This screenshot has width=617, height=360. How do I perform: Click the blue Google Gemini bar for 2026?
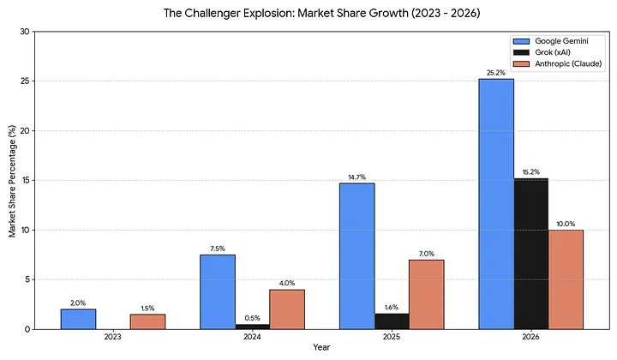[x=496, y=204]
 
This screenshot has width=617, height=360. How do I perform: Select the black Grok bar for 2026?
[x=531, y=254]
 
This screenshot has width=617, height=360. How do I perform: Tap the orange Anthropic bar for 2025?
[x=426, y=294]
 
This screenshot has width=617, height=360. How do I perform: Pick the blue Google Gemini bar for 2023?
[x=78, y=319]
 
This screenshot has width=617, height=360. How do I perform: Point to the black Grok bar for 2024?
[x=252, y=327]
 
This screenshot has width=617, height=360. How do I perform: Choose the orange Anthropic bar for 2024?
[x=287, y=309]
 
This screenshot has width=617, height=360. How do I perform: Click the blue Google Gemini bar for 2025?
[x=356, y=255]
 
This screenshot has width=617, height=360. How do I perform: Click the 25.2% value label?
[x=496, y=73]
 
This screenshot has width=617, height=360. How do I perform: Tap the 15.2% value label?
[x=531, y=171]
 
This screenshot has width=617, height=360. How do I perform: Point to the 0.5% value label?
[x=252, y=317]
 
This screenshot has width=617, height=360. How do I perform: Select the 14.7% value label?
[x=356, y=177]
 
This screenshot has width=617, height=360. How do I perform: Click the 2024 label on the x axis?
[x=252, y=337]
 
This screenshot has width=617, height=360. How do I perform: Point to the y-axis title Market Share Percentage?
[x=11, y=180]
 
